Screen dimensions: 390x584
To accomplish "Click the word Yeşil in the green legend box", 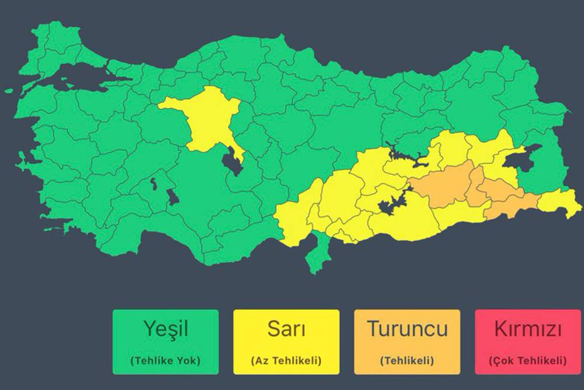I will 165,329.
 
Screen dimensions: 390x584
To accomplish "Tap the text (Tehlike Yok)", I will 165,360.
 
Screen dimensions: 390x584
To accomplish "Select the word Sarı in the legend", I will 286,329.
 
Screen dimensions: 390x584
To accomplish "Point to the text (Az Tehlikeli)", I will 286,360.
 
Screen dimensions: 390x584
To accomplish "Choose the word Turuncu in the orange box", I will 407,329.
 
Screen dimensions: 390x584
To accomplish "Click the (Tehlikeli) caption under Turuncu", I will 407,360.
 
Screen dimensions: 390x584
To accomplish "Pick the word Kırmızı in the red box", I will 528,329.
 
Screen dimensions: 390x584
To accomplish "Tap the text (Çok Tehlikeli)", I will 528,360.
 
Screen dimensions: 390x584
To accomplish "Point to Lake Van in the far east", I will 523,158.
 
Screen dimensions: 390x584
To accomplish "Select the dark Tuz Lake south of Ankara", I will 234,161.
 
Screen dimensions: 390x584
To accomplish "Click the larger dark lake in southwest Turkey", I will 173,196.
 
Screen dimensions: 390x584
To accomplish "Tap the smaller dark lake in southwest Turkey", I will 154,184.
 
